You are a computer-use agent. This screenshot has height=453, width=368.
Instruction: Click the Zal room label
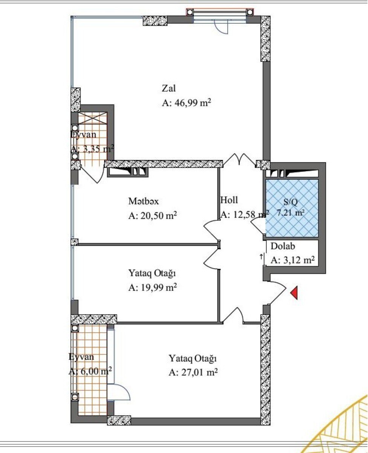point(168,88)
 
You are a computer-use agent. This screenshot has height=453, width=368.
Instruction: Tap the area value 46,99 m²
point(186,103)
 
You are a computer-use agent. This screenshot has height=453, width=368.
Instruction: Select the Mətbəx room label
point(143,201)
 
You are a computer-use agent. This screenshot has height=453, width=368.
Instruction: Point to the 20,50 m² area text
point(153,216)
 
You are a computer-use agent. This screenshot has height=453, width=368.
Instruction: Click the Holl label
point(229,200)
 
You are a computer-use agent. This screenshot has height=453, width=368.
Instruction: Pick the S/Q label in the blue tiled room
point(290,202)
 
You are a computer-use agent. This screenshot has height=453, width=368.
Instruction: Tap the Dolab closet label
point(282,246)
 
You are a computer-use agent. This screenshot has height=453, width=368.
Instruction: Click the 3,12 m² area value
point(292,260)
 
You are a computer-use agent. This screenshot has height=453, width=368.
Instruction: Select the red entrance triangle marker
point(294,293)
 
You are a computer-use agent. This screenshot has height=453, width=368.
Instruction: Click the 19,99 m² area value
point(153,288)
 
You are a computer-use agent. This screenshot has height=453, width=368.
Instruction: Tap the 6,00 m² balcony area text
point(90,371)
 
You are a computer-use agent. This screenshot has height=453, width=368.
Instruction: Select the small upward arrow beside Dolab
point(261,257)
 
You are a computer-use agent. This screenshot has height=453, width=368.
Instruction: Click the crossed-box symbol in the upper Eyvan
point(93,118)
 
